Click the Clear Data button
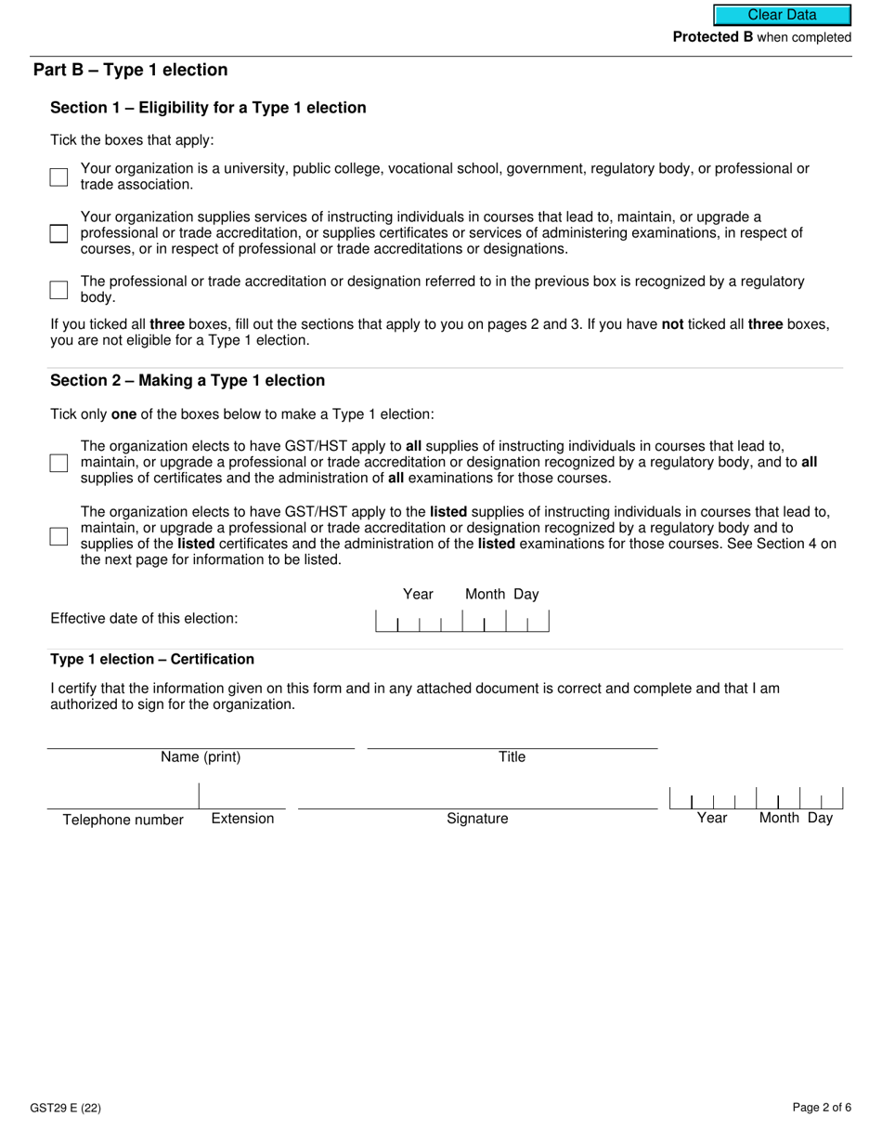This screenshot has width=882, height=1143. [x=782, y=15]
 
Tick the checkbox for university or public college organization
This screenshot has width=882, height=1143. [x=58, y=177]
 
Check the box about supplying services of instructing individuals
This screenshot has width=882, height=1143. [x=58, y=233]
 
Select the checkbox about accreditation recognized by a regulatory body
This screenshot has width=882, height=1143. [x=58, y=289]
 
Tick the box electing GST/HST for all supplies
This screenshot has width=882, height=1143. [x=58, y=463]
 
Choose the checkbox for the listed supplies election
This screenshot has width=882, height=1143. [x=58, y=536]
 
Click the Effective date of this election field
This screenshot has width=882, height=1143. [x=461, y=621]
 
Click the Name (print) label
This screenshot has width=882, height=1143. [x=201, y=757]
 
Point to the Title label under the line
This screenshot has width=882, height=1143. [x=512, y=757]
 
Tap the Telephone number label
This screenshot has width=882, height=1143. [x=123, y=820]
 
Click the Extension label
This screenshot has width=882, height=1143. [x=242, y=819]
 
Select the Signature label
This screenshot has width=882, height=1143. [x=477, y=819]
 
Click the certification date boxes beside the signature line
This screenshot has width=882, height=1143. [x=756, y=798]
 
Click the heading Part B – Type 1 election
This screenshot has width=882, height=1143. [x=130, y=71]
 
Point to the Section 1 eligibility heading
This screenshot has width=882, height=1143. [x=208, y=108]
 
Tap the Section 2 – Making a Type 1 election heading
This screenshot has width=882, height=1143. [x=188, y=381]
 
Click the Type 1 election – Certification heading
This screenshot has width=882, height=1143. [x=152, y=660]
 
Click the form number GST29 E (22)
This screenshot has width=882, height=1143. [x=67, y=1108]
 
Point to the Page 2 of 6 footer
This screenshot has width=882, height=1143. [x=822, y=1108]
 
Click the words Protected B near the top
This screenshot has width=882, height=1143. [x=712, y=38]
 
